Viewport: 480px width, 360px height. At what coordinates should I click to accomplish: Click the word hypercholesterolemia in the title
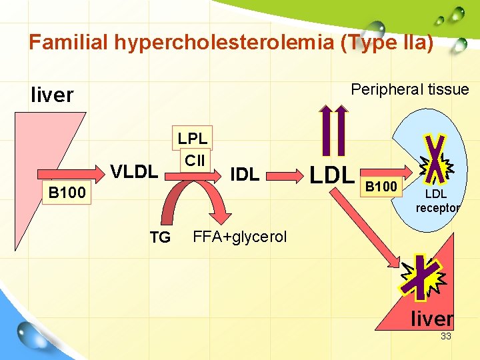[x=224, y=43]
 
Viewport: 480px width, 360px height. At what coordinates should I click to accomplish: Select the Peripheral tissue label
[x=409, y=89]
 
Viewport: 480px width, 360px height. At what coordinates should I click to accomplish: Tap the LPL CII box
[x=193, y=149]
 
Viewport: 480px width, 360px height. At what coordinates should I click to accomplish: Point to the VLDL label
[x=134, y=172]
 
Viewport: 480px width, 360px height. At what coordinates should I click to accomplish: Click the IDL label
[x=245, y=175]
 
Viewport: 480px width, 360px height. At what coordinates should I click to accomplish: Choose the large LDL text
[x=331, y=175]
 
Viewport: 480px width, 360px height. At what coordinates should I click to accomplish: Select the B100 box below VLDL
[x=65, y=193]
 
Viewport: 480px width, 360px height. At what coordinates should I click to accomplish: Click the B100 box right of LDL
[x=381, y=186]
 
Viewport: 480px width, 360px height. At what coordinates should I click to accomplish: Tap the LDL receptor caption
[x=437, y=201]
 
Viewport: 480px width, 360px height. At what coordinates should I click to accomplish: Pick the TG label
[x=160, y=237]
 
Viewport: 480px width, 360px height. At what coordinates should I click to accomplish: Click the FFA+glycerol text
[x=239, y=237]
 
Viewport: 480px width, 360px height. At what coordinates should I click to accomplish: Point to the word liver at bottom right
[x=432, y=319]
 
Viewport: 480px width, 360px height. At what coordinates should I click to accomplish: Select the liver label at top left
[x=52, y=95]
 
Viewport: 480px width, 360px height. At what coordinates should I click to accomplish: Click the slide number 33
[x=445, y=337]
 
